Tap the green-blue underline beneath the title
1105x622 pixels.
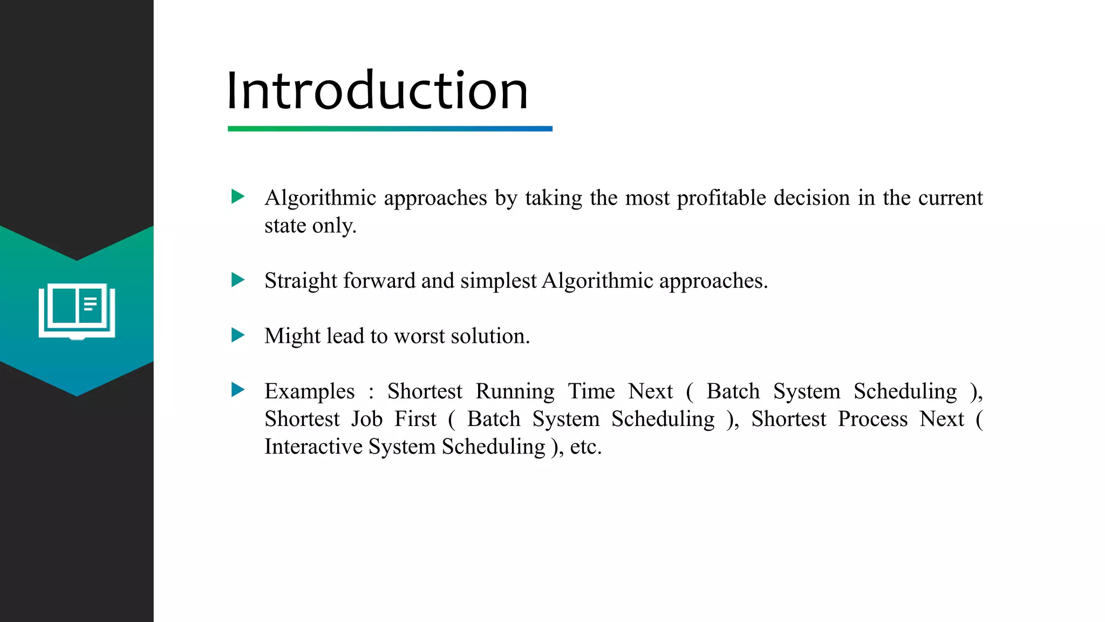(x=390, y=129)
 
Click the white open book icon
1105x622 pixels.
(x=77, y=312)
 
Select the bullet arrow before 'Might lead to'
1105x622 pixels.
(x=237, y=335)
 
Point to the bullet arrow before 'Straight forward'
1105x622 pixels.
(x=237, y=280)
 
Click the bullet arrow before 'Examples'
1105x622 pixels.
(x=237, y=390)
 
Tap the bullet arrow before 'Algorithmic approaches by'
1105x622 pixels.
(x=237, y=197)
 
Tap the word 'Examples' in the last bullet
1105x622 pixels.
(x=309, y=391)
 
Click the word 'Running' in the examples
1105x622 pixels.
(x=515, y=391)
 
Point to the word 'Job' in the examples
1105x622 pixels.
(x=367, y=420)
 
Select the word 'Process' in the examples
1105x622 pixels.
(x=872, y=420)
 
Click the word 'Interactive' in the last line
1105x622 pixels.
(x=313, y=447)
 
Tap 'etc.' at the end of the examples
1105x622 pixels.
(x=585, y=447)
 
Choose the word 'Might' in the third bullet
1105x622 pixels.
(x=292, y=336)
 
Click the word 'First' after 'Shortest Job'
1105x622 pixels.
(x=415, y=420)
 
